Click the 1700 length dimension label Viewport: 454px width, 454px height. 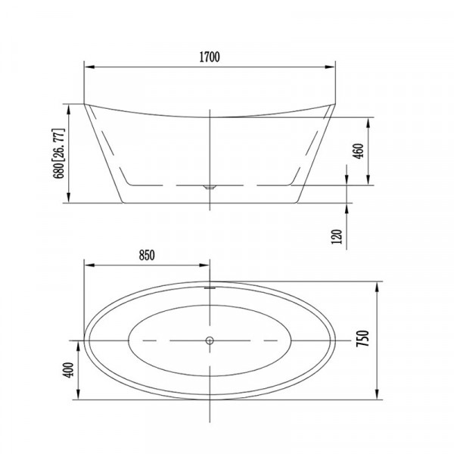(x=210, y=57)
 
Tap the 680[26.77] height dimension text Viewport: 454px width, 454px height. (x=58, y=154)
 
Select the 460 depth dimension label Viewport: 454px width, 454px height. (x=359, y=151)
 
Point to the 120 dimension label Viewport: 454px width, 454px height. (x=337, y=237)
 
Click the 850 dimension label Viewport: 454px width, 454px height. (x=147, y=255)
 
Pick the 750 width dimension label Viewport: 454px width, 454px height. (x=362, y=338)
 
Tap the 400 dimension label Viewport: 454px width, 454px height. (x=68, y=370)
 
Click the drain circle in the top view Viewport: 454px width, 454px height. (x=210, y=340)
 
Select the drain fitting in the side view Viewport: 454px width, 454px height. (x=210, y=187)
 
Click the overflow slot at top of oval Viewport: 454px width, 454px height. (x=210, y=288)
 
